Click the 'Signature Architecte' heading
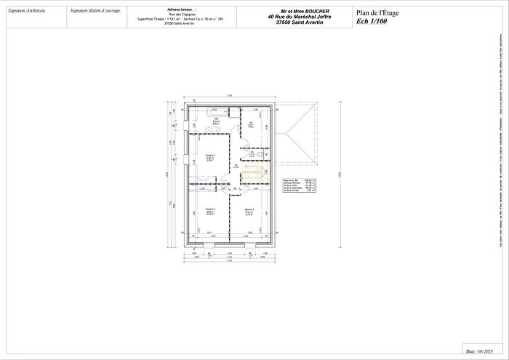[26, 12]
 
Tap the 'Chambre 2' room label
[210, 156]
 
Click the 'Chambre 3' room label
[210, 211]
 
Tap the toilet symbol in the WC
[260, 154]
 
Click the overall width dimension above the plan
[229, 96]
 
